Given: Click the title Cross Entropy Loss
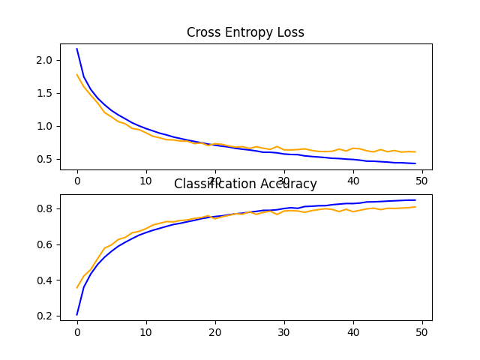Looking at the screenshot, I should tap(245, 33).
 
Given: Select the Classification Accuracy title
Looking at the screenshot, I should tap(245, 184).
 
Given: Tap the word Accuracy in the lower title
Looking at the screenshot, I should tap(289, 184).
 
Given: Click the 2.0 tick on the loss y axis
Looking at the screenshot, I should tap(45, 60).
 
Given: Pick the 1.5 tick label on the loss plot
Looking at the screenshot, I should tap(45, 93).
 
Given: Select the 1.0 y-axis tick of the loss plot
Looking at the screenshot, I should tap(45, 126).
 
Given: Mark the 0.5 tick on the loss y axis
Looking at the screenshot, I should tap(45, 159).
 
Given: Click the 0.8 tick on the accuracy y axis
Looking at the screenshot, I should tap(45, 208).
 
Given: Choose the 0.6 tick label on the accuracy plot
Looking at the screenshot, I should tap(45, 244).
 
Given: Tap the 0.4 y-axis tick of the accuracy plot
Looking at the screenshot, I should tap(45, 280).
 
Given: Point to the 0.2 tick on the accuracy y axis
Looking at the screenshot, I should tap(45, 316).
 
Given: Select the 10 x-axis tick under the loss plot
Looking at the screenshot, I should tap(145, 181).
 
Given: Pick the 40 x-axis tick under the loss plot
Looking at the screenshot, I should tap(352, 181).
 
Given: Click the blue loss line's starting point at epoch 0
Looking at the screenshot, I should tap(77, 49).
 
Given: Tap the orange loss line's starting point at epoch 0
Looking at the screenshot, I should tap(77, 74).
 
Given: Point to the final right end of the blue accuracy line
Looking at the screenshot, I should tap(415, 200).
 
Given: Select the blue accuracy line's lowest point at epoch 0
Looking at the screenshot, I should tap(77, 314).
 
